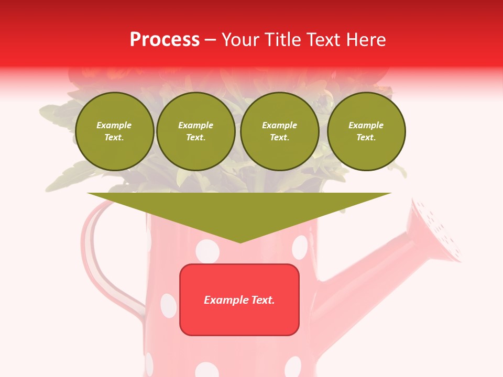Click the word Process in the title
coord(165,40)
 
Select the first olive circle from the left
coord(114,131)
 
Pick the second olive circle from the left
coord(195,131)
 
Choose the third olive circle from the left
coord(279,131)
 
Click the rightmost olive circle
coord(366,131)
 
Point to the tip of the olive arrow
coord(240,241)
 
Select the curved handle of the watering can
coord(94,251)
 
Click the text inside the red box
coord(239,300)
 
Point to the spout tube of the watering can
coord(362,278)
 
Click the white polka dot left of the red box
coord(168,305)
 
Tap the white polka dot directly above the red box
coord(207,251)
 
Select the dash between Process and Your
coord(210,40)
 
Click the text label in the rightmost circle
coord(366,131)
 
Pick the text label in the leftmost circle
coord(114,131)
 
